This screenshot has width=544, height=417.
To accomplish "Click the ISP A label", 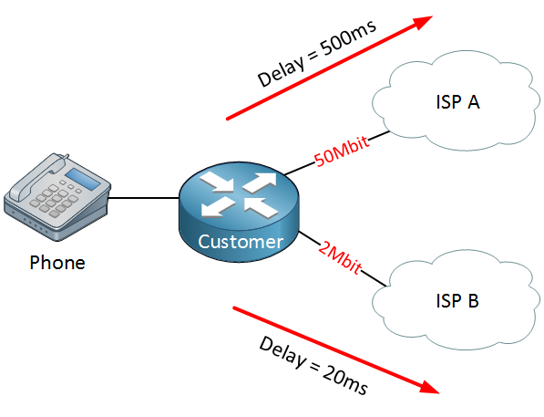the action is [457, 102].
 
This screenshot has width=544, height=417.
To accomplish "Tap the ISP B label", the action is [457, 300].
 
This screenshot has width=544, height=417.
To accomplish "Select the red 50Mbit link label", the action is [342, 151].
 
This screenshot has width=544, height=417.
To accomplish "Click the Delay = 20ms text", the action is [313, 366].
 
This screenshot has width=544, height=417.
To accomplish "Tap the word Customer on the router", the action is [241, 242].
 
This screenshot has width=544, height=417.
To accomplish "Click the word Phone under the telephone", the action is [57, 263].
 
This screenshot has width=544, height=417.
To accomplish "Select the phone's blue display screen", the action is [83, 179].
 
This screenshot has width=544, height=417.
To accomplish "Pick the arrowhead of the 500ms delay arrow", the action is [423, 22].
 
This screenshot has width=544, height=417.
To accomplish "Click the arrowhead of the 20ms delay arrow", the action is [429, 388].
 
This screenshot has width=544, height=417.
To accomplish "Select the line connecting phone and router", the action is [144, 198].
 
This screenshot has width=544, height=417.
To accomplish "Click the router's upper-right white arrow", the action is [261, 182].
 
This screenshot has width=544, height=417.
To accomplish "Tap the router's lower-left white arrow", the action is [218, 206].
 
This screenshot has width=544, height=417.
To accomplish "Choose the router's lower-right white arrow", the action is [261, 208].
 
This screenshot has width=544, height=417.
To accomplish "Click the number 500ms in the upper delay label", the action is [348, 38].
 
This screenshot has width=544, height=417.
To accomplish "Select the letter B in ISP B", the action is [473, 300].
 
